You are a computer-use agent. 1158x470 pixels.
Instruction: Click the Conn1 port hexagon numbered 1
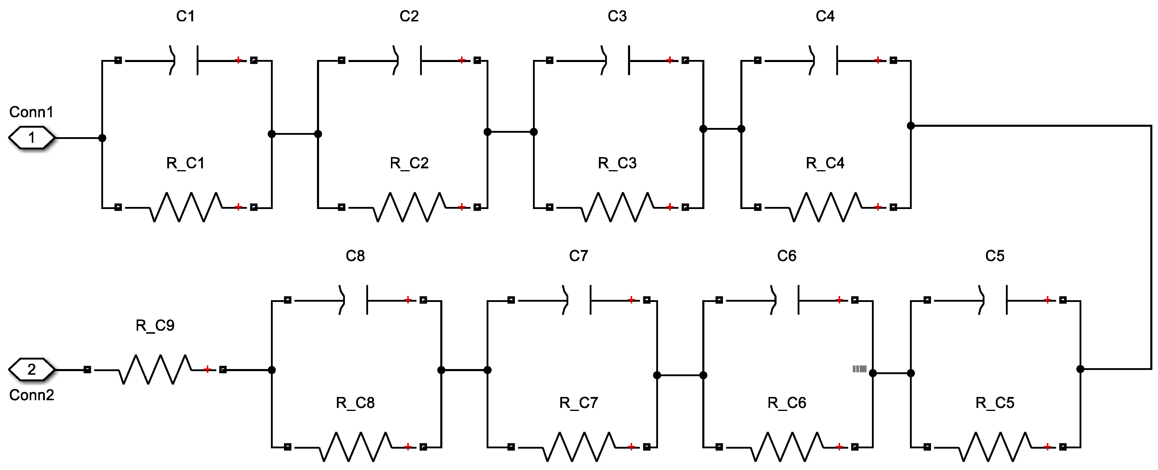click(31, 137)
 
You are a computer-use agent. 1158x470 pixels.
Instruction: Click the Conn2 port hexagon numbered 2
click(31, 369)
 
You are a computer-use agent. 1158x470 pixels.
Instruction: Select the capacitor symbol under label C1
click(185, 60)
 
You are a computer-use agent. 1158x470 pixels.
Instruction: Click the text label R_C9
click(155, 325)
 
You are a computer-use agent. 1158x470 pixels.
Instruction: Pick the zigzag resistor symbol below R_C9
click(155, 369)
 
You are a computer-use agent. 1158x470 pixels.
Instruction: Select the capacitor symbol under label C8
click(355, 300)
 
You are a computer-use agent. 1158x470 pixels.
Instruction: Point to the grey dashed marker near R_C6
click(859, 369)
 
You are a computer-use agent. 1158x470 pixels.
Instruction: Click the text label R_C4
click(825, 163)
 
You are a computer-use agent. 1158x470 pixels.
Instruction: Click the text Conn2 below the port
click(31, 395)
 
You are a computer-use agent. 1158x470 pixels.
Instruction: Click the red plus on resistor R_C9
click(207, 369)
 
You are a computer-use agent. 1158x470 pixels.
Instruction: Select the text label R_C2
click(409, 163)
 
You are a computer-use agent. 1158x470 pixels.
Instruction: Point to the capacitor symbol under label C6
click(786, 300)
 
